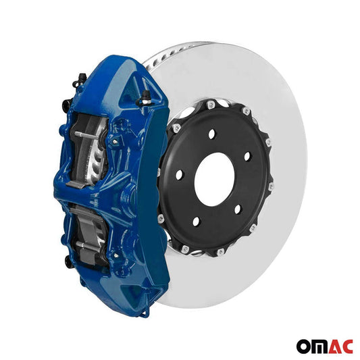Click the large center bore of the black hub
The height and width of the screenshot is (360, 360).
214,178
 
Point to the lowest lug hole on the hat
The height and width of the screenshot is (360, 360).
196,221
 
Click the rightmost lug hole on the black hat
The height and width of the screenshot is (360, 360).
247,156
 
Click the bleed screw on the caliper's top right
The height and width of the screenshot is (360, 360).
144,99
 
